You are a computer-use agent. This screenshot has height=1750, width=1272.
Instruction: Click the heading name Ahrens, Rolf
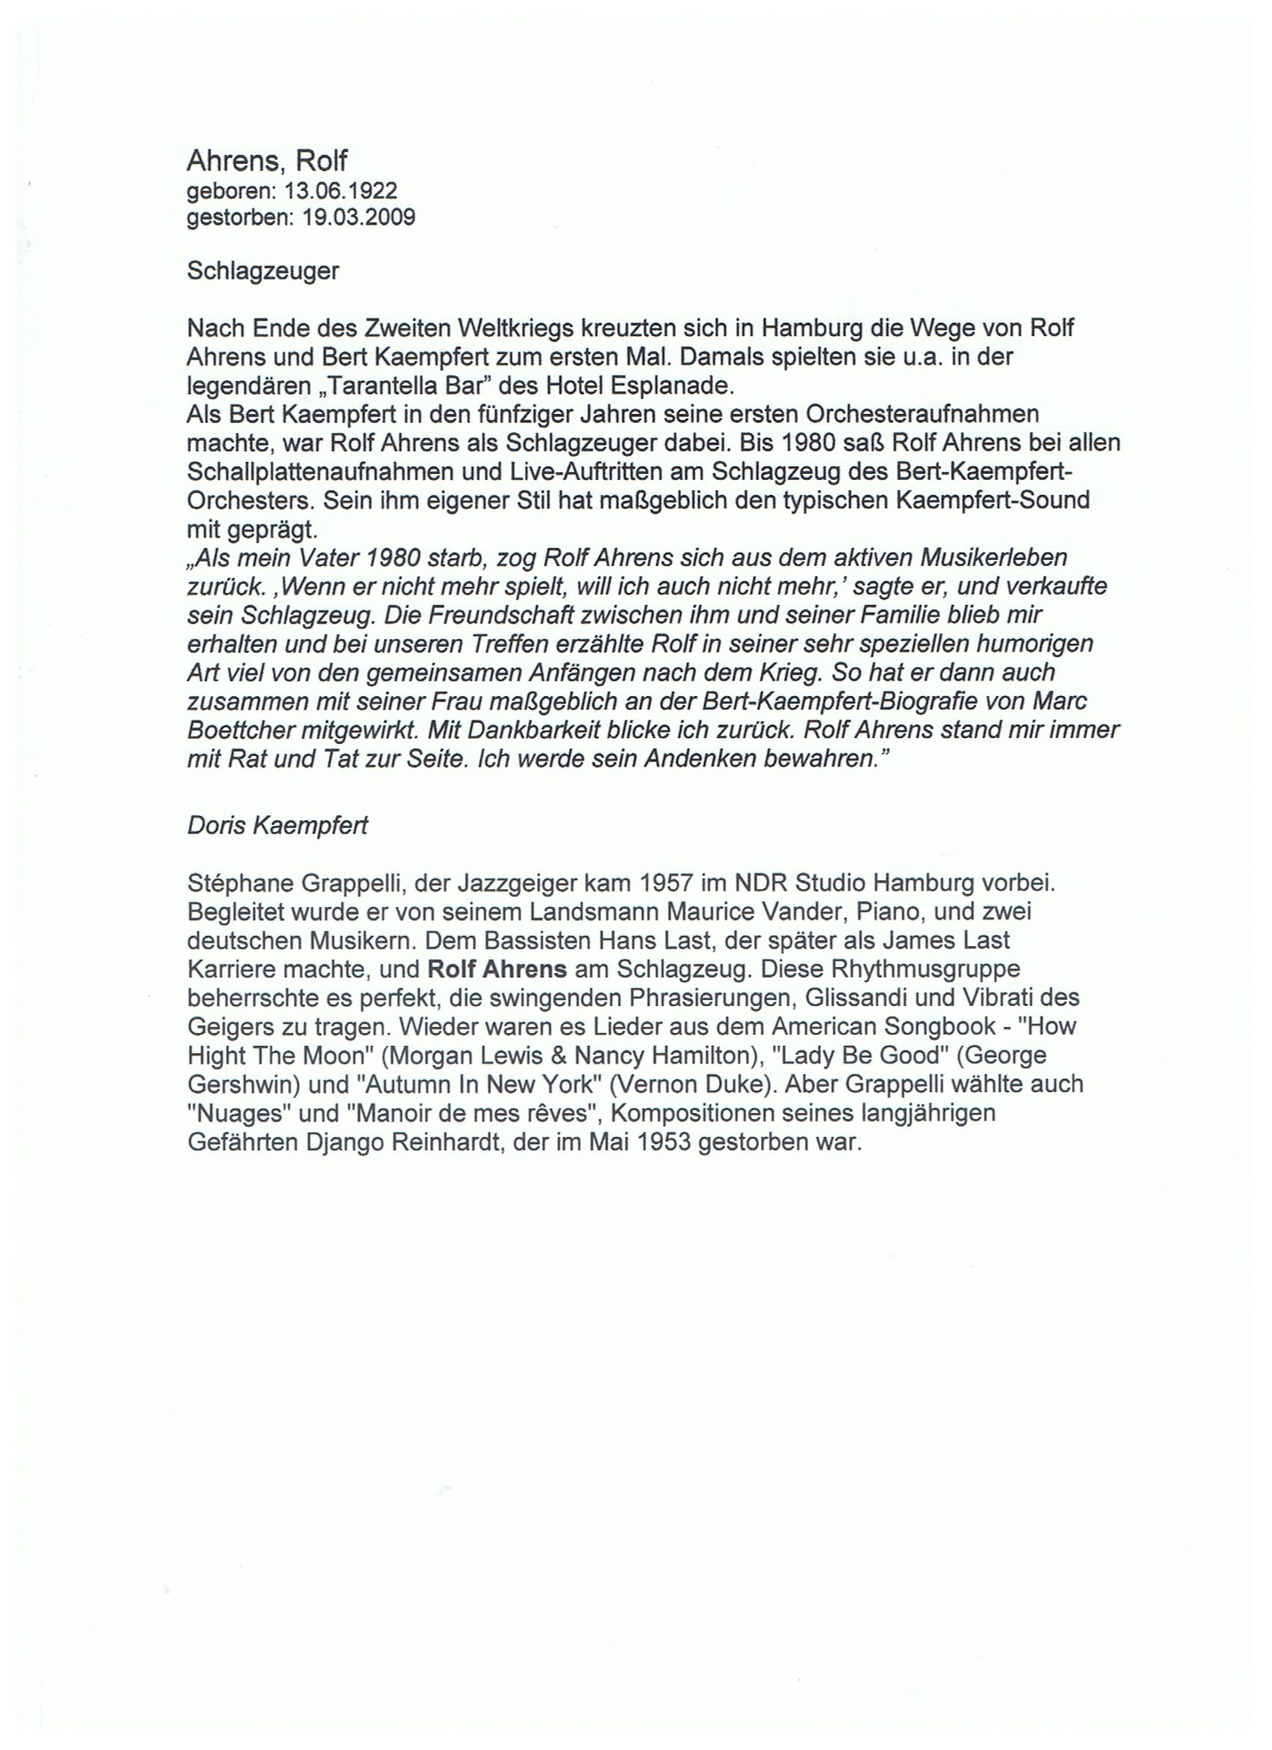pyautogui.click(x=266, y=161)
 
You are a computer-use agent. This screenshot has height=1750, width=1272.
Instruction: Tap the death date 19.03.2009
pyautogui.click(x=358, y=217)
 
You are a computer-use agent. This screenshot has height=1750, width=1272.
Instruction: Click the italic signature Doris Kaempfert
pyautogui.click(x=278, y=825)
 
